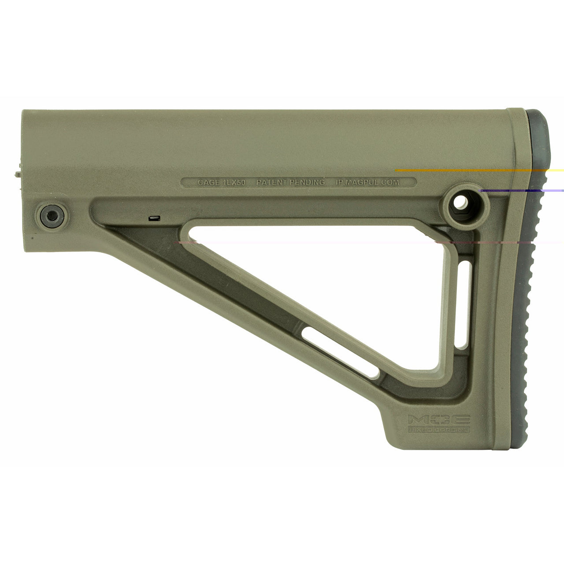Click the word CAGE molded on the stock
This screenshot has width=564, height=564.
[x=208, y=182]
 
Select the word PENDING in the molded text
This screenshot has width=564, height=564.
[x=308, y=182]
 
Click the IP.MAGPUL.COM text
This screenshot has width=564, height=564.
[x=368, y=182]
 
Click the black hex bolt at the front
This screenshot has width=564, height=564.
[x=48, y=215]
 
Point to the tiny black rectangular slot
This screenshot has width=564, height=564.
[x=154, y=218]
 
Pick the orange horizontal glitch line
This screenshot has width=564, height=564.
[x=463, y=170]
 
